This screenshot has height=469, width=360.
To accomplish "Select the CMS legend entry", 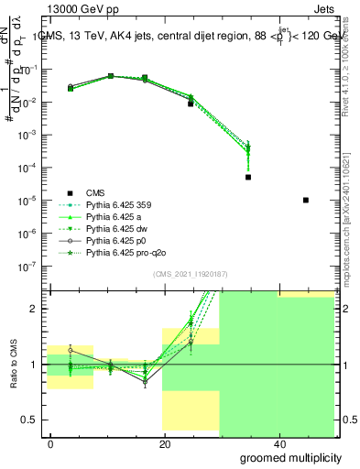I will tap(95, 192).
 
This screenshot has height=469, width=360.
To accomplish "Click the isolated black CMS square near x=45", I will tap(305, 200).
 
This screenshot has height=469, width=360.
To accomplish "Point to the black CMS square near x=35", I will tap(248, 177).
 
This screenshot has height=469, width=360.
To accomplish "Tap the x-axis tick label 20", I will tap(164, 444).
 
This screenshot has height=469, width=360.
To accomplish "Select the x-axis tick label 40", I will tap(277, 444).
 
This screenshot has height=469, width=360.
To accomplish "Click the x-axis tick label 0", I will tap(51, 444).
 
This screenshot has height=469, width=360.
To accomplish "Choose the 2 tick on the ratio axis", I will tap(39, 309).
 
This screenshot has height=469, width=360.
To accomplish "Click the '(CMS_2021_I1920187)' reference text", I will tap(190, 274).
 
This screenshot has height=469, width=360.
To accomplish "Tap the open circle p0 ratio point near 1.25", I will tap(71, 350).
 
